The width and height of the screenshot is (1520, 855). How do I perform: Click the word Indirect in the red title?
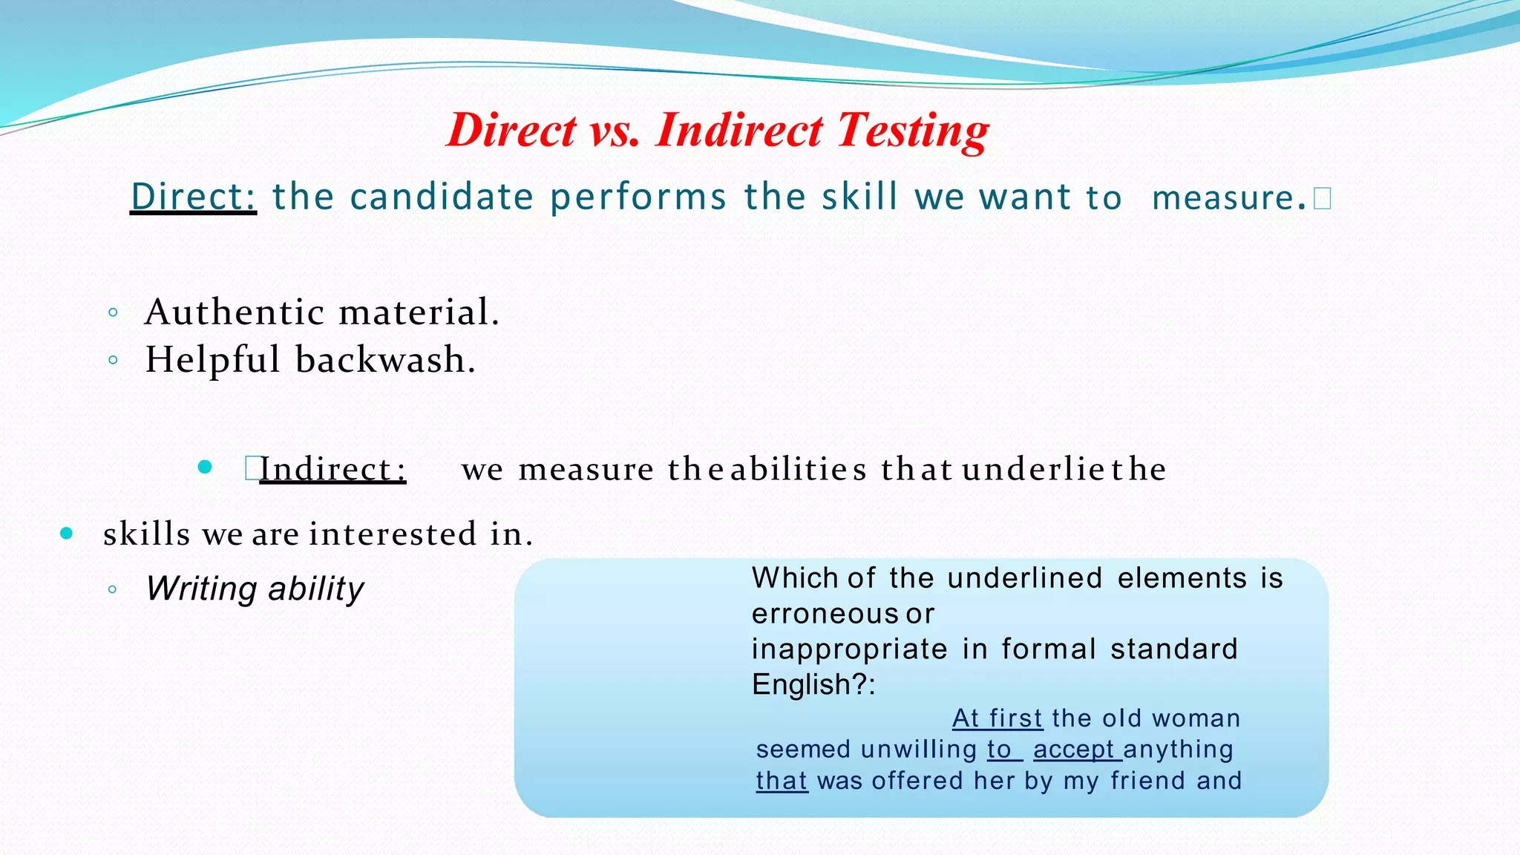pyautogui.click(x=738, y=130)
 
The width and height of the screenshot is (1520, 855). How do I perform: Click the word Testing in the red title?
pyautogui.click(x=913, y=131)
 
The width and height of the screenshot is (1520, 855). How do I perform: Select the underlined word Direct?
pyautogui.click(x=193, y=197)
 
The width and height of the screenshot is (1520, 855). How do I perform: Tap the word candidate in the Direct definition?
pyautogui.click(x=442, y=197)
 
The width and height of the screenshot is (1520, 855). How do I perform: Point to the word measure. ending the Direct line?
pyautogui.click(x=1228, y=198)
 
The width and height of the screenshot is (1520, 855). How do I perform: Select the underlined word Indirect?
pyautogui.click(x=332, y=469)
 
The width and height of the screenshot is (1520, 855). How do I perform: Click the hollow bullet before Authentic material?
pyautogui.click(x=113, y=312)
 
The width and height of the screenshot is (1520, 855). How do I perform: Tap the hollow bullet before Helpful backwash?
pyautogui.click(x=113, y=361)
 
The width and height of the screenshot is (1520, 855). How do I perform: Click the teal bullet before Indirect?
pyautogui.click(x=206, y=467)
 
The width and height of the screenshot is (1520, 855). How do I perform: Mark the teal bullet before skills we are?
pyautogui.click(x=67, y=533)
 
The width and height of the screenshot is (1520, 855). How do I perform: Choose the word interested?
pyautogui.click(x=393, y=534)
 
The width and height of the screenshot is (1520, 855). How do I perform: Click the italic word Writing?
pyautogui.click(x=201, y=589)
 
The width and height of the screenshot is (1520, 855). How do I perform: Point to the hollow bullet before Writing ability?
pyautogui.click(x=112, y=590)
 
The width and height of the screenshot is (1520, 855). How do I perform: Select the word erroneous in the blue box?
pyautogui.click(x=825, y=614)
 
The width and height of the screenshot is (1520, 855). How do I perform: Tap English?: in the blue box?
pyautogui.click(x=813, y=684)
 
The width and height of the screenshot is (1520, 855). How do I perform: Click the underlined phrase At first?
pyautogui.click(x=997, y=718)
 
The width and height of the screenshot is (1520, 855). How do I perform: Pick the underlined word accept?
pyautogui.click(x=1076, y=750)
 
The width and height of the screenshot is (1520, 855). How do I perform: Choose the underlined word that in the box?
pyautogui.click(x=782, y=781)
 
